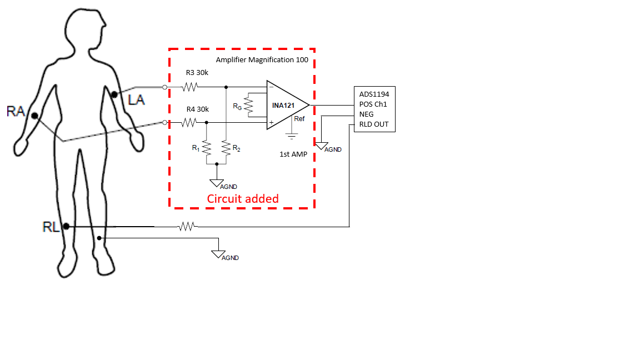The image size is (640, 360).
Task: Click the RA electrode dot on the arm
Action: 34,116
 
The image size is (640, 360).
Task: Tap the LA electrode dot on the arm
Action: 114,95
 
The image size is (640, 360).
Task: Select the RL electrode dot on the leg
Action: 66,226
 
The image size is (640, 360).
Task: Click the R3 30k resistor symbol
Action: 190,87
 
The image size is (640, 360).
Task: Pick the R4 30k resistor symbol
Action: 190,122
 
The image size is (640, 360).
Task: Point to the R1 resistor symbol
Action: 206,148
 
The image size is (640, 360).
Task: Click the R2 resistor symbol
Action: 226,148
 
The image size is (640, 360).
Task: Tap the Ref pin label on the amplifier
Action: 299,118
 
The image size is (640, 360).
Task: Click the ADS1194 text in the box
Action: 374,94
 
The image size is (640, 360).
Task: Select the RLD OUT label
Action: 374,124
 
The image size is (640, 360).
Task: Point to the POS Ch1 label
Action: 373,104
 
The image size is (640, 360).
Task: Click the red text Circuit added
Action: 243,198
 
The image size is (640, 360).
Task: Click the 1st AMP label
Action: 293,154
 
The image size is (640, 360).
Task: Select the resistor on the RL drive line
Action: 187,226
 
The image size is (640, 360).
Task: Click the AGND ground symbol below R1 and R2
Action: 217,183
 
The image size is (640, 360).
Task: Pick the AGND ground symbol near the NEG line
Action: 322,146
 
